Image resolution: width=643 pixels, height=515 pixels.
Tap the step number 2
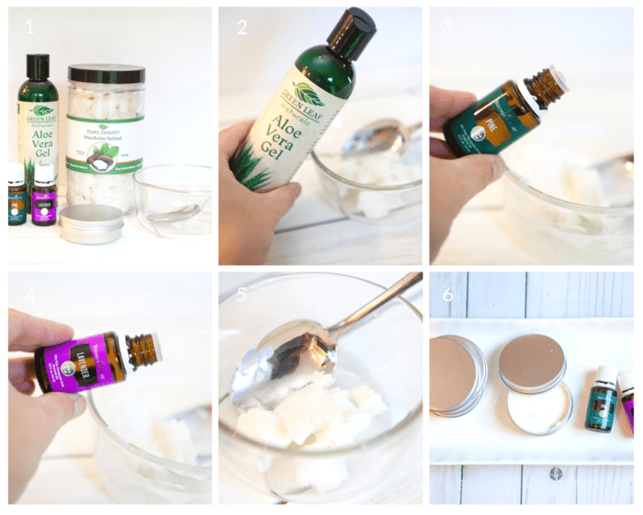click(242, 27)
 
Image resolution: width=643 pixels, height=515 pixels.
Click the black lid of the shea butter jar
click(106, 74)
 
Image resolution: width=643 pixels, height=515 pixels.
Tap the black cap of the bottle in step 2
click(352, 31)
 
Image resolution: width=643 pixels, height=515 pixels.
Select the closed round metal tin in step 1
click(91, 223)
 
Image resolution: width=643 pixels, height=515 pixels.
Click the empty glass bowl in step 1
click(174, 197)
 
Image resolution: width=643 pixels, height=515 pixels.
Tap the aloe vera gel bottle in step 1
click(38, 120)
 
